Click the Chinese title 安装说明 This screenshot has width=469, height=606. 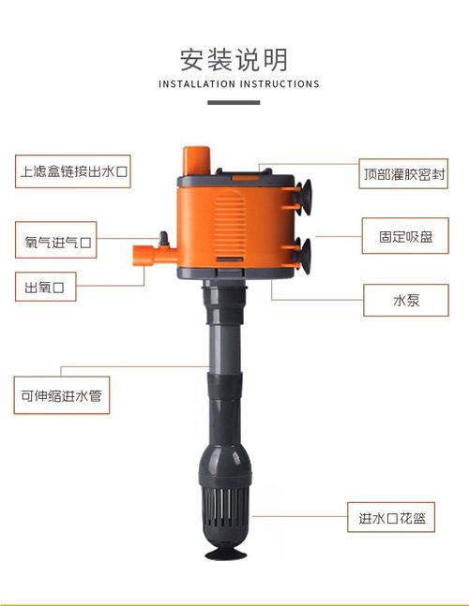point(234,59)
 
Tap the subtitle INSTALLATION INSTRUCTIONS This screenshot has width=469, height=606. point(239,84)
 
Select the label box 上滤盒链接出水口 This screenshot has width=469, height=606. point(72,172)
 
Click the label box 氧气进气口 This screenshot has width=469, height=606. point(58,242)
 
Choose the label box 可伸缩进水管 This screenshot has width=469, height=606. point(61,395)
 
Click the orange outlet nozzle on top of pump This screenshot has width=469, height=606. point(196,160)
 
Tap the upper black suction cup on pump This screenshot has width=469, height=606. point(305,195)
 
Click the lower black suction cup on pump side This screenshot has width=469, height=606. point(305,249)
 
